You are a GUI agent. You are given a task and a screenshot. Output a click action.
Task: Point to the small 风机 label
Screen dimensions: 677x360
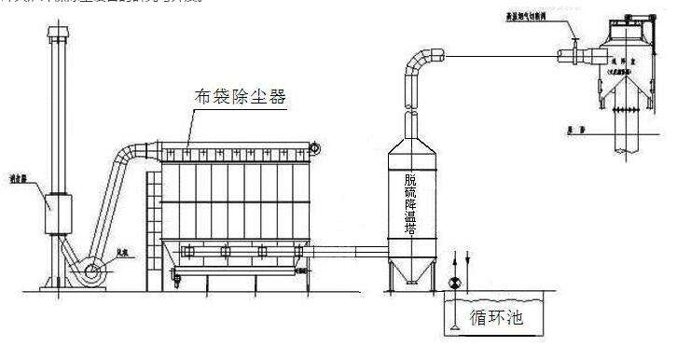122,251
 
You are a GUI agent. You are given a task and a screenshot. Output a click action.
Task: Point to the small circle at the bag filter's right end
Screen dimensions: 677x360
315,147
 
